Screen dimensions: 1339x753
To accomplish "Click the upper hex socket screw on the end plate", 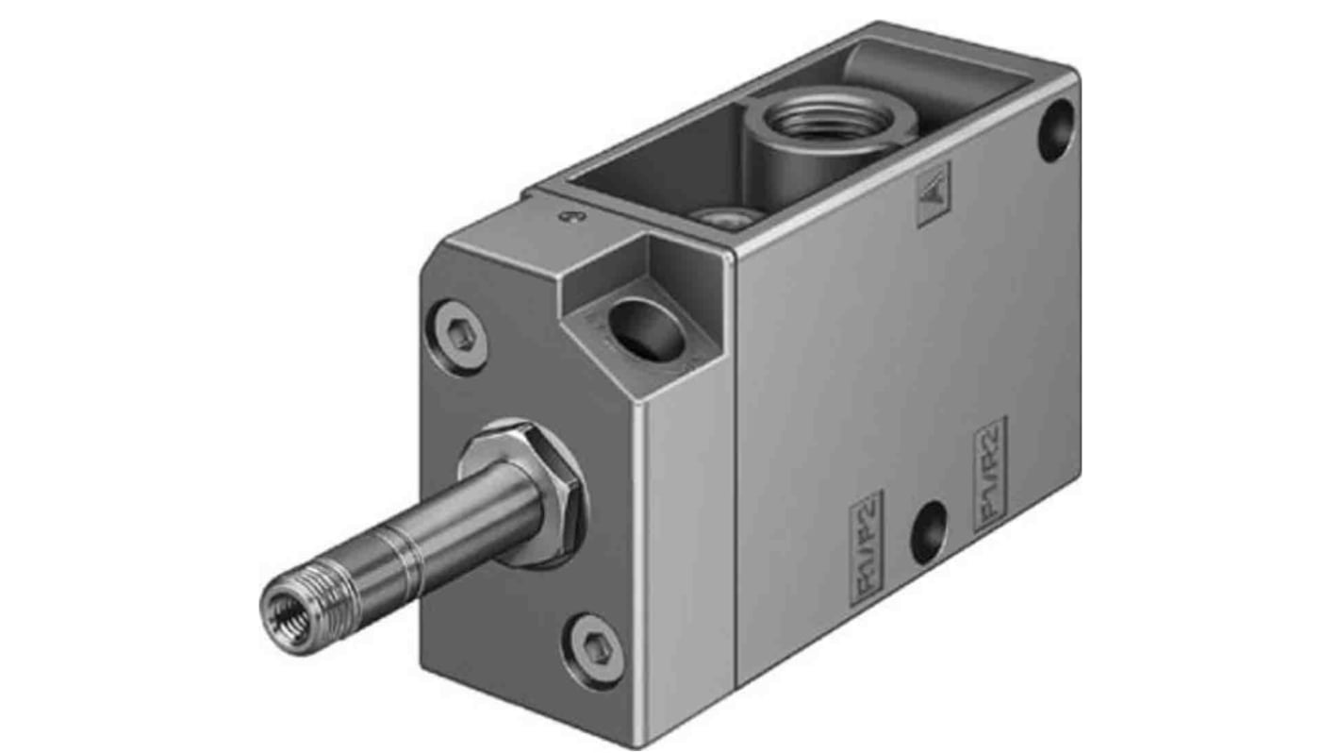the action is [x=461, y=336].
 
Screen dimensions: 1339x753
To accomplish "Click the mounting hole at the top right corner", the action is [x=1055, y=130].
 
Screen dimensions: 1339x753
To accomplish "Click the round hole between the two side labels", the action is [x=929, y=532].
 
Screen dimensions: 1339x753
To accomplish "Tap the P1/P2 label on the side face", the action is [x=865, y=547].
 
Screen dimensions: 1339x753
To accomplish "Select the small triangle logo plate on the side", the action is [x=934, y=194].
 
